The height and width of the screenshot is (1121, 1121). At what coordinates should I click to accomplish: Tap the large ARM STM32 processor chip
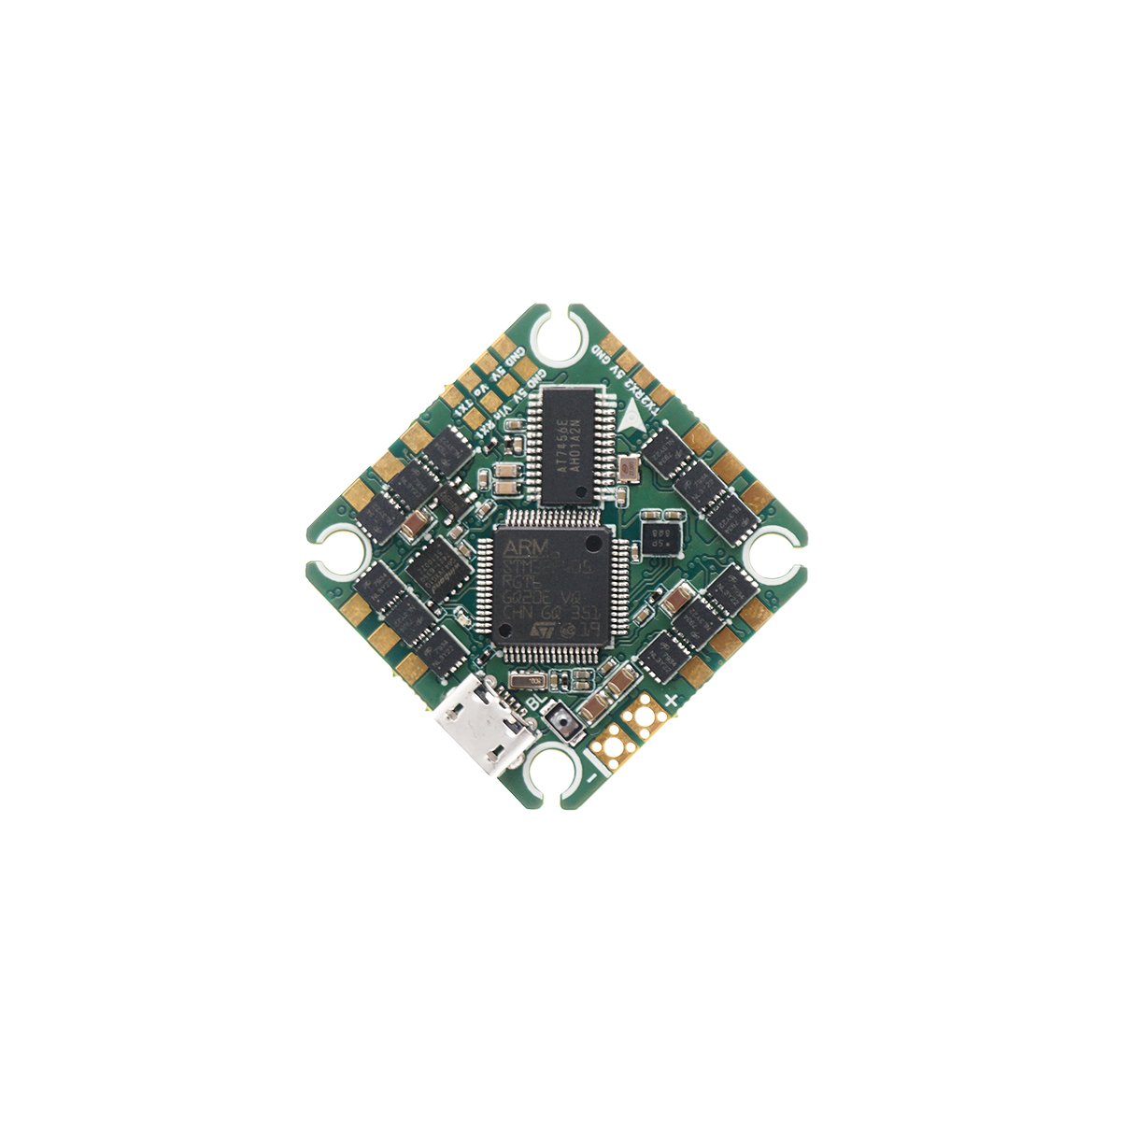click(546, 587)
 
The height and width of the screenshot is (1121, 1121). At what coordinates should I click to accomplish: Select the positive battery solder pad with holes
click(645, 718)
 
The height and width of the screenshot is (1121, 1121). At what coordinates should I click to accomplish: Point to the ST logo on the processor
click(540, 631)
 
